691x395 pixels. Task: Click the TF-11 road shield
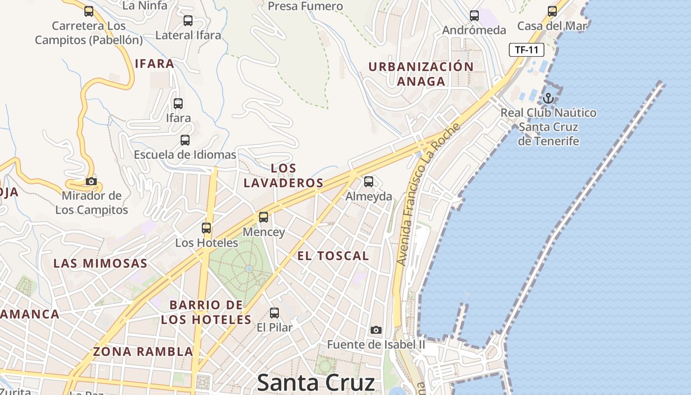coord(527,50)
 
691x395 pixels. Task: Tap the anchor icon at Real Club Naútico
coord(548,98)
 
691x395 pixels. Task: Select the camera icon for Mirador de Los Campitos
coord(91,181)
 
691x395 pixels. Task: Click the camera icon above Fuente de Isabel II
coord(376,330)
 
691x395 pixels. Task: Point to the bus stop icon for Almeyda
coord(369,182)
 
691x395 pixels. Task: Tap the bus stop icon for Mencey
coord(264,217)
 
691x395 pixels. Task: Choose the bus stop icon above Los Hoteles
coord(206,228)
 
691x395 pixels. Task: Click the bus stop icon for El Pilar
coord(274,313)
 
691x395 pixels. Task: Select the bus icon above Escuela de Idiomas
coord(185,140)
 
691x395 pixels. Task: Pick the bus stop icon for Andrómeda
coord(474,16)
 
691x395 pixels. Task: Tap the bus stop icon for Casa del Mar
coord(552,11)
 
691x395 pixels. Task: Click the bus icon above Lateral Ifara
coord(188,21)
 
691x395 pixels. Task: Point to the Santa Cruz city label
coord(316,383)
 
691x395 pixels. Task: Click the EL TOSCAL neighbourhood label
coord(333,256)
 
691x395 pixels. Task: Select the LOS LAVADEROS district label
coord(283,175)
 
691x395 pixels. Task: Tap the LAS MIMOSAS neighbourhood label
coord(100,263)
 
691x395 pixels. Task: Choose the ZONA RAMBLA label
coord(143,352)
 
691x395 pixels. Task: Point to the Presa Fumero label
coord(305,6)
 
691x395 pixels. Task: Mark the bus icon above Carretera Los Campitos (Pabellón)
coord(89,11)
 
